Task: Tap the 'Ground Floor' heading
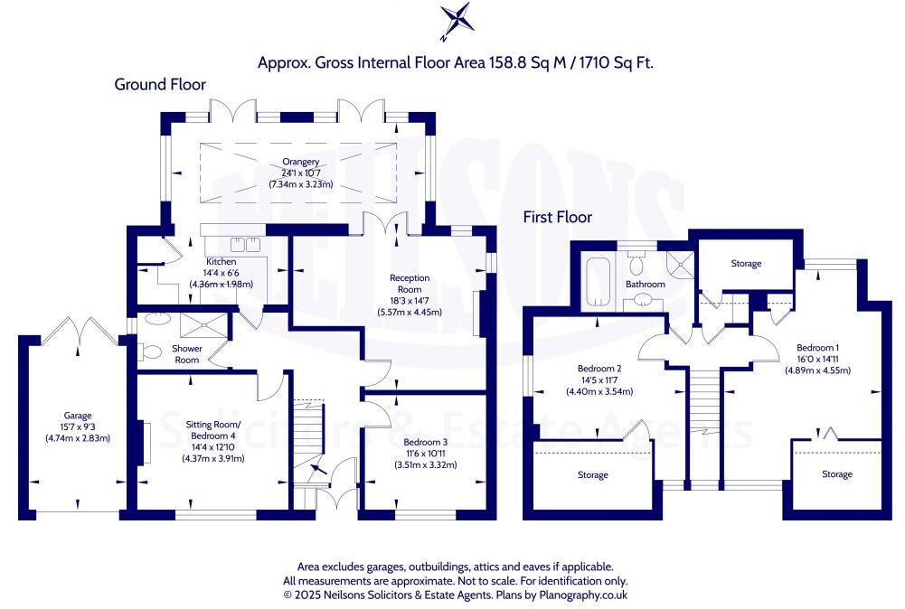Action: [160, 84]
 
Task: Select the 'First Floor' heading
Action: [558, 217]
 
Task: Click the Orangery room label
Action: [301, 162]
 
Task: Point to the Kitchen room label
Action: [221, 262]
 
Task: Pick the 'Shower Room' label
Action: [187, 354]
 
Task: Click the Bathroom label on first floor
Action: [646, 284]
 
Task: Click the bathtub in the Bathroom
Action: [599, 276]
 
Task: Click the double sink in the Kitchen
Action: [243, 245]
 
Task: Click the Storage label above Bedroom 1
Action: [746, 264]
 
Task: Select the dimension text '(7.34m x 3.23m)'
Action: [301, 184]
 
